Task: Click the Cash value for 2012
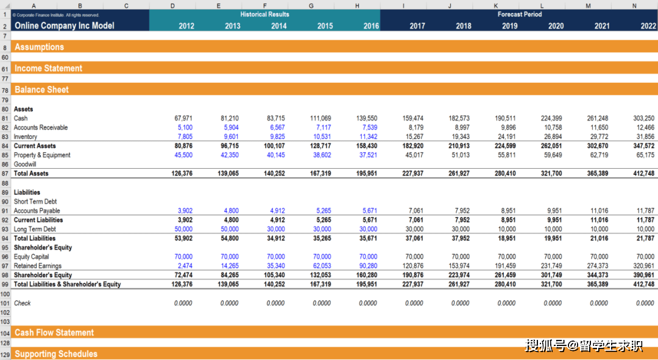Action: pyautogui.click(x=183, y=118)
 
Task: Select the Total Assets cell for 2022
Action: pyautogui.click(x=644, y=174)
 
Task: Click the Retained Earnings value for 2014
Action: pyautogui.click(x=276, y=266)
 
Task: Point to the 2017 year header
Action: pyautogui.click(x=417, y=26)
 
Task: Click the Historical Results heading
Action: pyautogui.click(x=264, y=14)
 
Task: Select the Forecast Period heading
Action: pyautogui.click(x=519, y=14)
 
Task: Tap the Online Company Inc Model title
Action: pyautogui.click(x=64, y=26)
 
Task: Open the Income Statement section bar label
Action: pyautogui.click(x=48, y=68)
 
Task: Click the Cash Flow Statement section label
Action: pyautogui.click(x=54, y=333)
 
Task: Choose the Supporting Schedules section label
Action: pyautogui.click(x=55, y=354)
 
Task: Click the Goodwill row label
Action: pyautogui.click(x=25, y=164)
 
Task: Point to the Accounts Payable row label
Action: pyautogui.click(x=37, y=211)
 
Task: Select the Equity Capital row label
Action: pyautogui.click(x=31, y=257)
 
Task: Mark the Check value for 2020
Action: pyautogui.click(x=553, y=303)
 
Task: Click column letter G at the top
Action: pyautogui.click(x=311, y=5)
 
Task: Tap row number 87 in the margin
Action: pyautogui.click(x=5, y=174)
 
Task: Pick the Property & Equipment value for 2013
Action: pyautogui.click(x=230, y=155)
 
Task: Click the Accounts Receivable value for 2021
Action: pyautogui.click(x=599, y=127)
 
